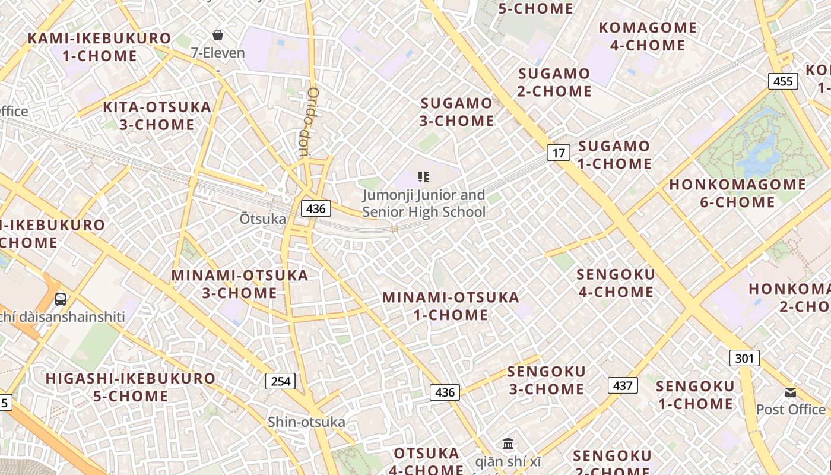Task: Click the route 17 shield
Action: [558, 153]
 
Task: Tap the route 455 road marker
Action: [783, 81]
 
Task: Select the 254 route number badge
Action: [280, 381]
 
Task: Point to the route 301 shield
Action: [744, 358]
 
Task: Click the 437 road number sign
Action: [622, 385]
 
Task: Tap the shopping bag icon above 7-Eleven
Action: [218, 36]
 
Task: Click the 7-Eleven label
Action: [218, 53]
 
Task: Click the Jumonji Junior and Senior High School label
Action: [424, 203]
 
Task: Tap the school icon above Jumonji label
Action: [423, 176]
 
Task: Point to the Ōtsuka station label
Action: [263, 218]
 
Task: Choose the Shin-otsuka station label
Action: [306, 422]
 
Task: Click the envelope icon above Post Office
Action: [791, 392]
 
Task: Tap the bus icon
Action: [61, 299]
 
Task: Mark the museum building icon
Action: [508, 444]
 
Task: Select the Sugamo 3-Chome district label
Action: [457, 112]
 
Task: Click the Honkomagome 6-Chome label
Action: [737, 193]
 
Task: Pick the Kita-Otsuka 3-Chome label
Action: [157, 116]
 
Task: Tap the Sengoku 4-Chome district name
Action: [616, 283]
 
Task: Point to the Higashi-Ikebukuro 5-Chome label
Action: [131, 387]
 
